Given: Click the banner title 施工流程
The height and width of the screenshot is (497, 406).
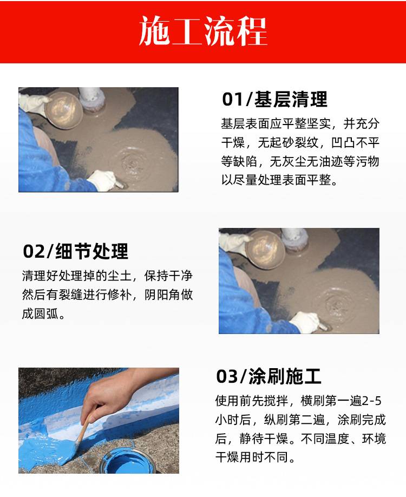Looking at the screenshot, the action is [203, 31].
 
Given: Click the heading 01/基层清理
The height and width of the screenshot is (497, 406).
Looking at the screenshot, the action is [274, 99].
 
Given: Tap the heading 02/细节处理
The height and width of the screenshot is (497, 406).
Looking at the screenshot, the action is [75, 251].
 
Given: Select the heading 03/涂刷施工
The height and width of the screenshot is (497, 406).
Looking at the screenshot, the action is [269, 377].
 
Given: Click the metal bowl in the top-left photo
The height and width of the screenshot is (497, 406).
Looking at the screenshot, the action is [63, 110].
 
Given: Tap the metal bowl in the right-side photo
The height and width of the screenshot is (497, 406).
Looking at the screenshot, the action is [265, 250].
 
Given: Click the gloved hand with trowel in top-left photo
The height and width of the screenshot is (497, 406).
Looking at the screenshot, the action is [103, 181].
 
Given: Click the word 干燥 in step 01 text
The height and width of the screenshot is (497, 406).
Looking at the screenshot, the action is [233, 143].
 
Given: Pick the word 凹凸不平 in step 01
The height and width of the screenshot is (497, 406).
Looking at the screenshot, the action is [355, 143].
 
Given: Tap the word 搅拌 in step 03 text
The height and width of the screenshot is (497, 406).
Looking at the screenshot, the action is [276, 401].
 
